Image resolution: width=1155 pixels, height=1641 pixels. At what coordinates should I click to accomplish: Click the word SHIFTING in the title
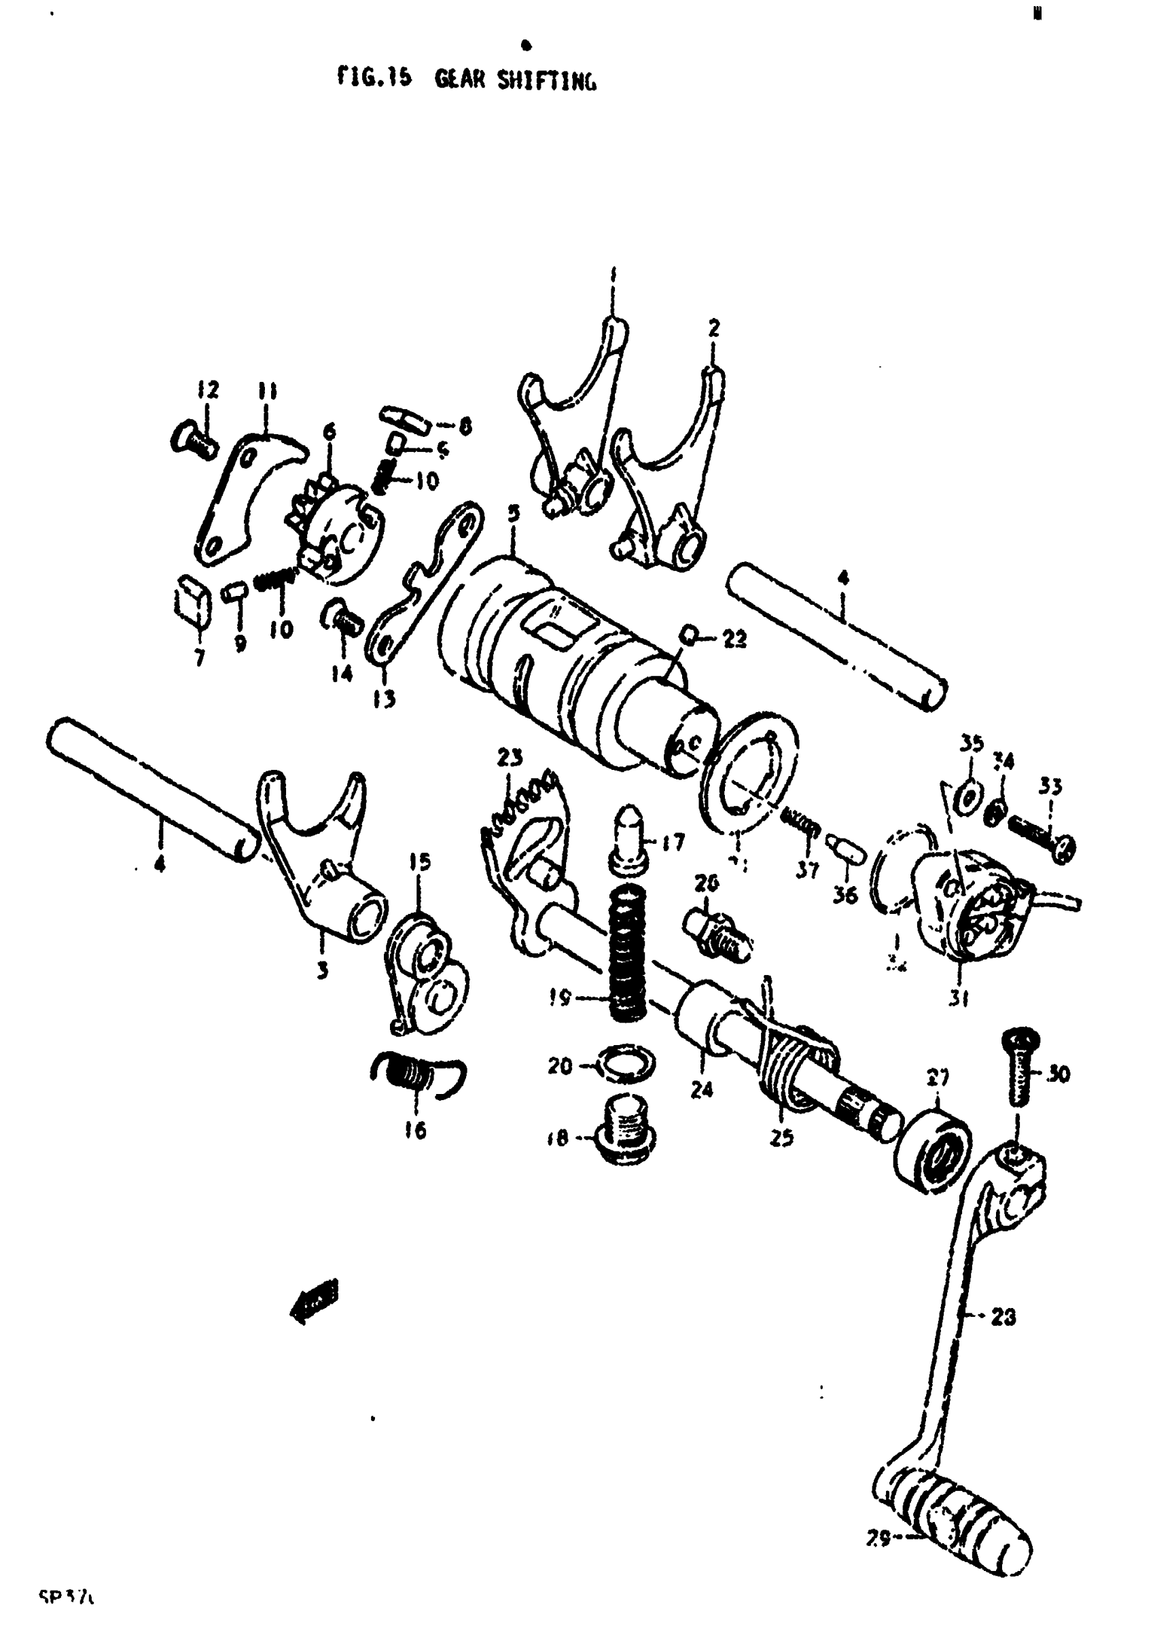point(546,81)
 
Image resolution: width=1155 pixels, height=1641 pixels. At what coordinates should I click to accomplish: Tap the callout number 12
point(208,391)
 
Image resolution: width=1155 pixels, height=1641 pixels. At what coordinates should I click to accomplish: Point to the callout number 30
point(1059,1074)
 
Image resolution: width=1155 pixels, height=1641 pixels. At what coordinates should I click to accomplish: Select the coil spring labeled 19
point(628,951)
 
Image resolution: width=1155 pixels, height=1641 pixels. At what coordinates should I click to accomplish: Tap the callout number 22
point(734,638)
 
